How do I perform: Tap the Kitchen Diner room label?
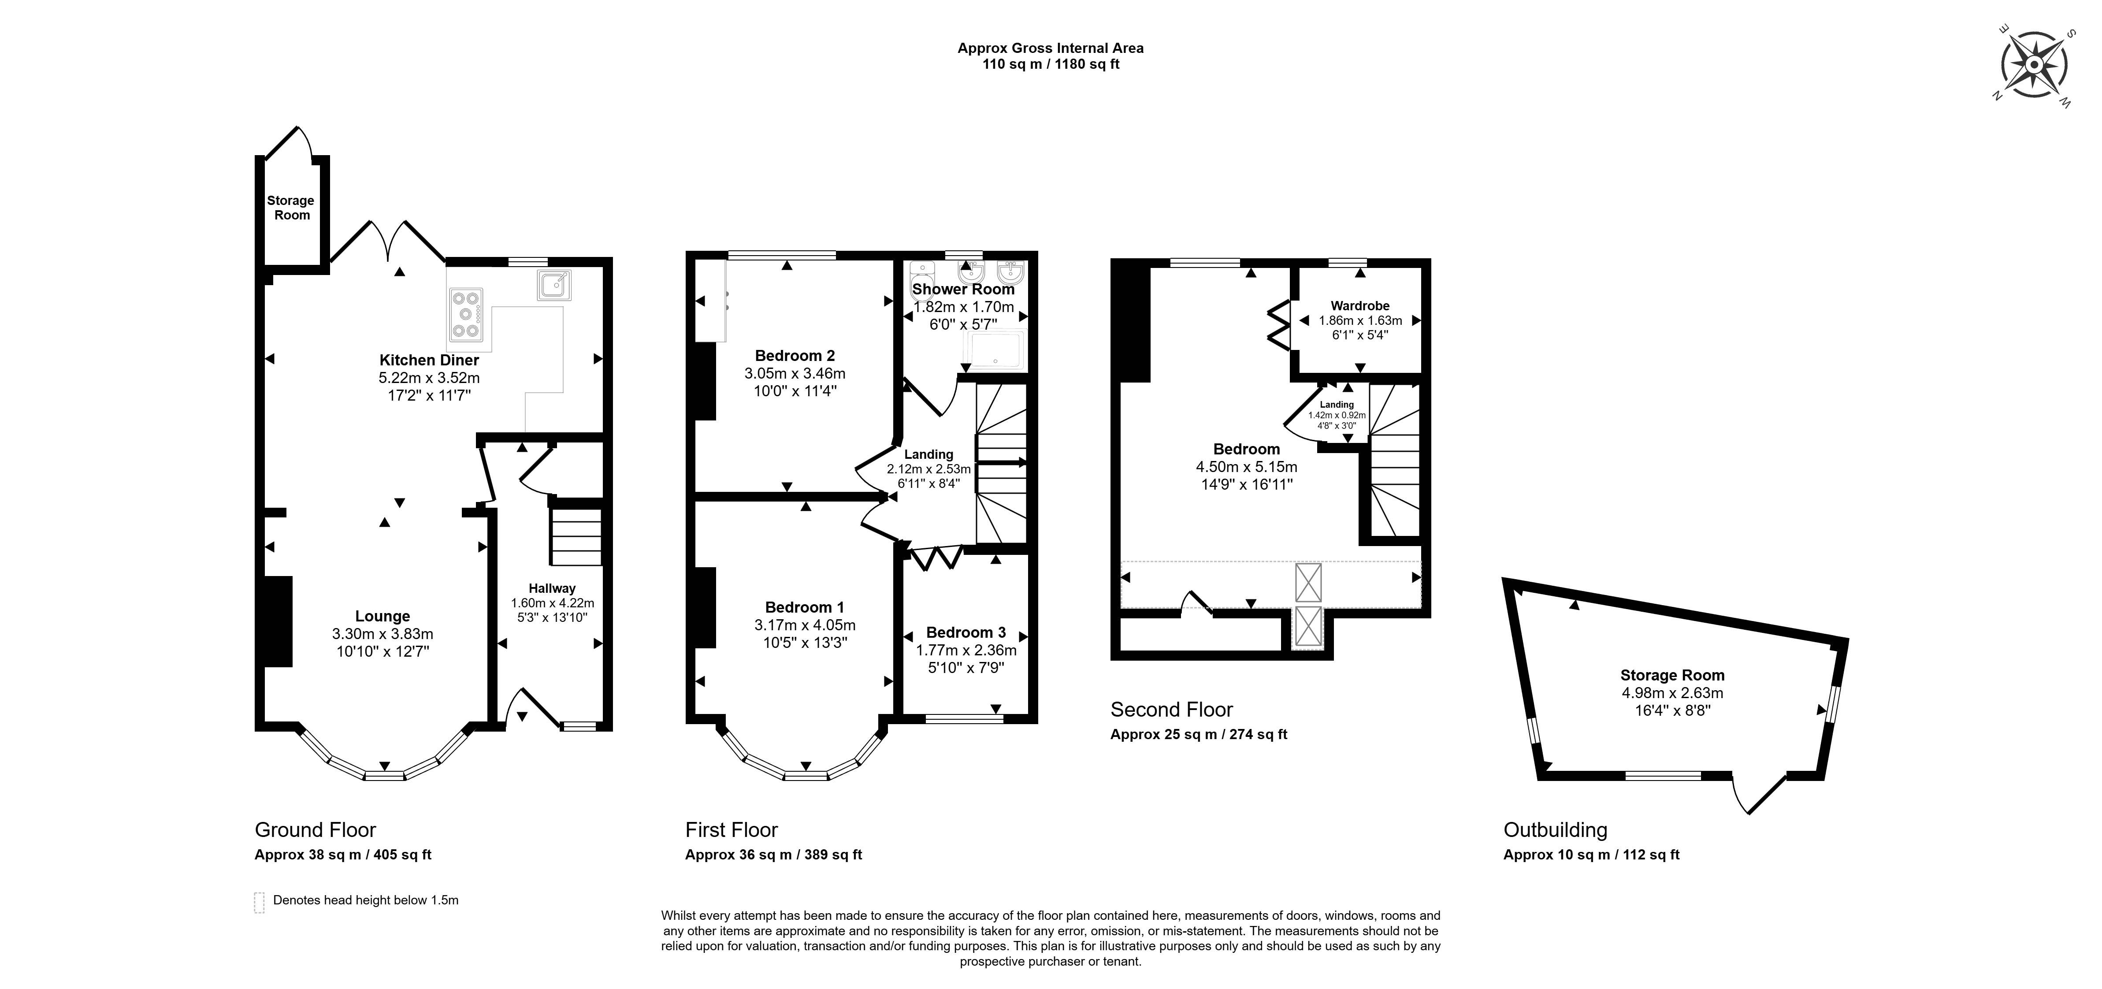tap(429, 360)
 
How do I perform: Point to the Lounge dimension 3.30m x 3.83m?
tap(383, 634)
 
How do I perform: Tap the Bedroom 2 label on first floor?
tap(795, 356)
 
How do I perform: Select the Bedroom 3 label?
tap(966, 632)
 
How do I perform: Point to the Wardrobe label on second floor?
tap(1360, 306)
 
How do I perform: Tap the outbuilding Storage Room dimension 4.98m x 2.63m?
tap(1672, 693)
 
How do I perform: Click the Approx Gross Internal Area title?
tap(1050, 48)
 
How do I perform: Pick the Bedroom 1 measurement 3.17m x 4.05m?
tap(805, 625)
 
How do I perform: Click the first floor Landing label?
tap(928, 454)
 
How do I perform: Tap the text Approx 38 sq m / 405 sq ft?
tap(343, 855)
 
